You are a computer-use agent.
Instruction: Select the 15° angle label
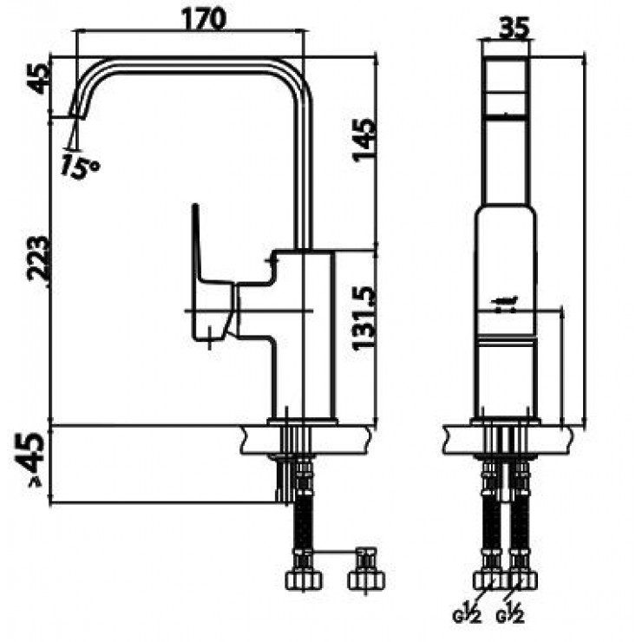click(x=80, y=165)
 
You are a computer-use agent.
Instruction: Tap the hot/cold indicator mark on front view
click(x=506, y=303)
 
